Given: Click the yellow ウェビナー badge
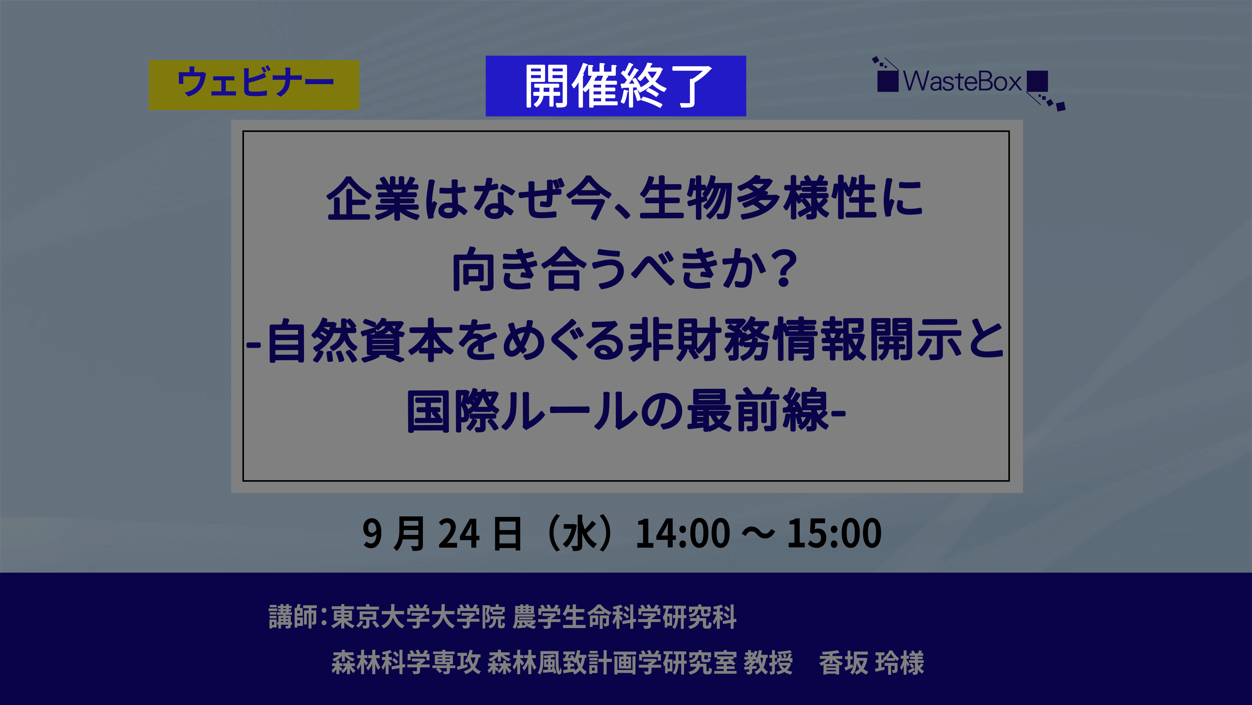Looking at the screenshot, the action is click(x=254, y=84).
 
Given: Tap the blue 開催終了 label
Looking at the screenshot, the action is click(x=616, y=86).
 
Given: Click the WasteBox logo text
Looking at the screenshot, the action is click(x=962, y=81).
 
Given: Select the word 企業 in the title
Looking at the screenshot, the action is click(x=373, y=198).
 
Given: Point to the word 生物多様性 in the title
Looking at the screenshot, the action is click(x=758, y=198).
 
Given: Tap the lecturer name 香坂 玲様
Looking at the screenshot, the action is click(x=871, y=663).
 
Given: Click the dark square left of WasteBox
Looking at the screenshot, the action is click(x=888, y=81).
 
